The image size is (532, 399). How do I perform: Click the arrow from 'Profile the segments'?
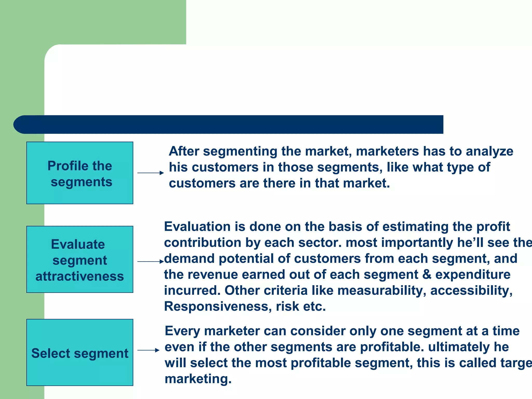pyautogui.click(x=150, y=173)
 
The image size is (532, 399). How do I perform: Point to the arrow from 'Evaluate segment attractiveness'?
pyautogui.click(x=150, y=262)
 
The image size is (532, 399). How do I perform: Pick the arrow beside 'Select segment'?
pyautogui.click(x=148, y=350)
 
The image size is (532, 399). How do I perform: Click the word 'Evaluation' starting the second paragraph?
pyautogui.click(x=197, y=227)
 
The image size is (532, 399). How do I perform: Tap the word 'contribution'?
pyautogui.click(x=203, y=243)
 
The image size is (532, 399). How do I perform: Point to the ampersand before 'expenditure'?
pyautogui.click(x=427, y=275)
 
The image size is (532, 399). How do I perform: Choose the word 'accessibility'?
pyautogui.click(x=471, y=291)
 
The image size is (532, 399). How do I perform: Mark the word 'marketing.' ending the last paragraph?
pyautogui.click(x=198, y=379)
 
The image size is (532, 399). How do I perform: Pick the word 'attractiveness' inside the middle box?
pyautogui.click(x=79, y=276)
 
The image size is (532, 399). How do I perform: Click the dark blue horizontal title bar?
pyautogui.click(x=229, y=124)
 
